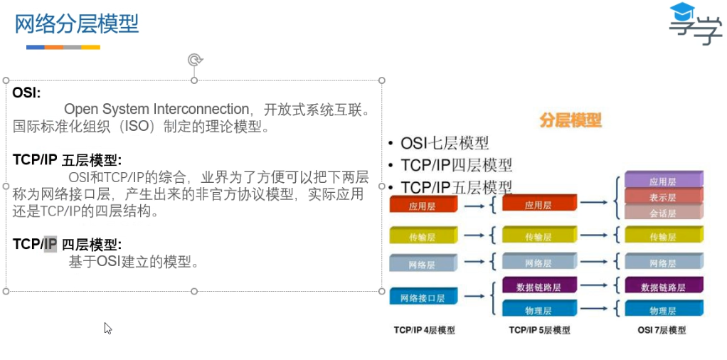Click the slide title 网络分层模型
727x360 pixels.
point(77,24)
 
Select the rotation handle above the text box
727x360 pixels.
point(194,60)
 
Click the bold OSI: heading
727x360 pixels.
point(26,93)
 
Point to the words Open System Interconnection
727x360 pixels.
point(156,110)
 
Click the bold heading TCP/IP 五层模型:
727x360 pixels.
point(67,159)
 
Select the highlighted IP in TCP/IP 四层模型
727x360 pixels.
point(50,245)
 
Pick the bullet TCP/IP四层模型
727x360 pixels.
point(456,165)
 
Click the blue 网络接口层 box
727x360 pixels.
point(422,298)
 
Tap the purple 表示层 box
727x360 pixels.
point(662,197)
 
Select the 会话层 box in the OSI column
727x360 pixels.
point(662,213)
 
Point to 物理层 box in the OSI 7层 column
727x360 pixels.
point(662,310)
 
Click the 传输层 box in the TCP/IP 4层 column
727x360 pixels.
point(422,237)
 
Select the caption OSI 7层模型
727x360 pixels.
point(662,331)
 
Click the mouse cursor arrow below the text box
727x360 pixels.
point(107,328)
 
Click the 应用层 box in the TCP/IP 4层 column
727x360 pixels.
point(422,206)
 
